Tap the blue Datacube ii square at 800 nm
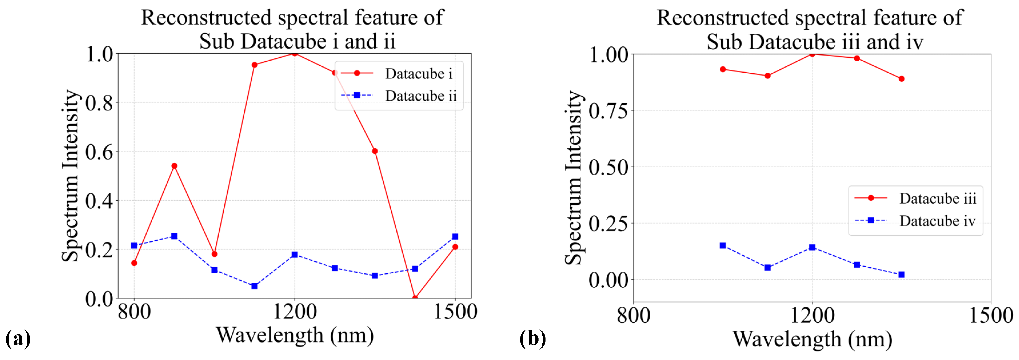point(134,246)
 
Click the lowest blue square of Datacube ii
point(255,286)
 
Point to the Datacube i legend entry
point(419,74)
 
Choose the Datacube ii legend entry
point(420,96)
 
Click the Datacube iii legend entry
point(937,198)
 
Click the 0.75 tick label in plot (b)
point(608,111)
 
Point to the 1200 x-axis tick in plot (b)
point(812,315)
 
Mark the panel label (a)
point(18,339)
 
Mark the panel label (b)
point(533,339)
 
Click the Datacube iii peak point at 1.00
point(812,54)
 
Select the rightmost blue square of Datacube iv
point(901,275)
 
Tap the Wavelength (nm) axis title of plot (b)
point(812,339)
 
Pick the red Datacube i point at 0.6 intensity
point(374,151)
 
